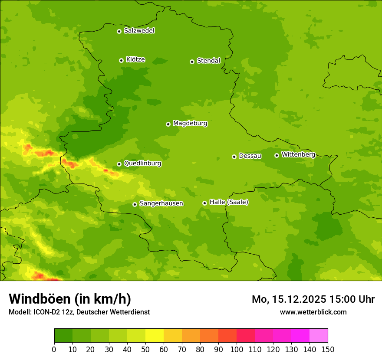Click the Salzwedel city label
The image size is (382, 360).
pyautogui.click(x=139, y=31)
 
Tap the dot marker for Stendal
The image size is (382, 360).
pyautogui.click(x=192, y=62)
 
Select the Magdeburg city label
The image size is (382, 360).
pyautogui.click(x=190, y=124)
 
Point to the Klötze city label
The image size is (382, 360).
pyautogui.click(x=135, y=60)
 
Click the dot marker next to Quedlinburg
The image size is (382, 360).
pyautogui.click(x=119, y=164)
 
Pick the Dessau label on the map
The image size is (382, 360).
pyautogui.click(x=250, y=156)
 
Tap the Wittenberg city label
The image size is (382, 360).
pyautogui.click(x=298, y=155)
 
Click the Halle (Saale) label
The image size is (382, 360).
pyautogui.click(x=229, y=202)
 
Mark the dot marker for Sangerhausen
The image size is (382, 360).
pyautogui.click(x=135, y=204)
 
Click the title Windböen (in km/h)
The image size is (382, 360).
pyautogui.click(x=70, y=299)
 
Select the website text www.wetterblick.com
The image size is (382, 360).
pyautogui.click(x=313, y=312)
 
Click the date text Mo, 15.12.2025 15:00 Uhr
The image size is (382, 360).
pyautogui.click(x=313, y=299)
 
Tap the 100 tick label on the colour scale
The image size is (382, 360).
pyautogui.click(x=237, y=349)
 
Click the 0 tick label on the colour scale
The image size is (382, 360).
pyautogui.click(x=54, y=349)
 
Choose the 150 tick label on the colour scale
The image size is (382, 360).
pyautogui.click(x=328, y=349)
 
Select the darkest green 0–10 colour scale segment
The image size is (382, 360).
pyautogui.click(x=63, y=336)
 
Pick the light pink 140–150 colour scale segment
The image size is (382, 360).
pyautogui.click(x=319, y=336)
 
